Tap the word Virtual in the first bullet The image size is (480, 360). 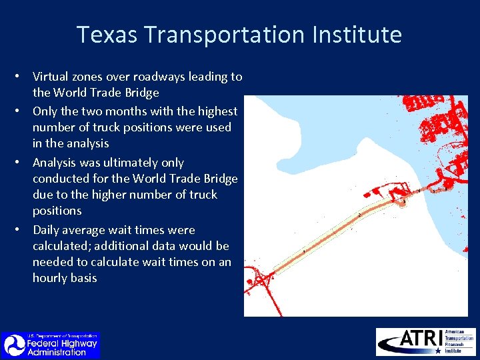51,77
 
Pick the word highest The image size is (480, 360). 215,111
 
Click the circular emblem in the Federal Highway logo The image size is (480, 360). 13,345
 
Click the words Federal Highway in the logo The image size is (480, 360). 62,344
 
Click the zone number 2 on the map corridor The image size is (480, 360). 361,215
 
